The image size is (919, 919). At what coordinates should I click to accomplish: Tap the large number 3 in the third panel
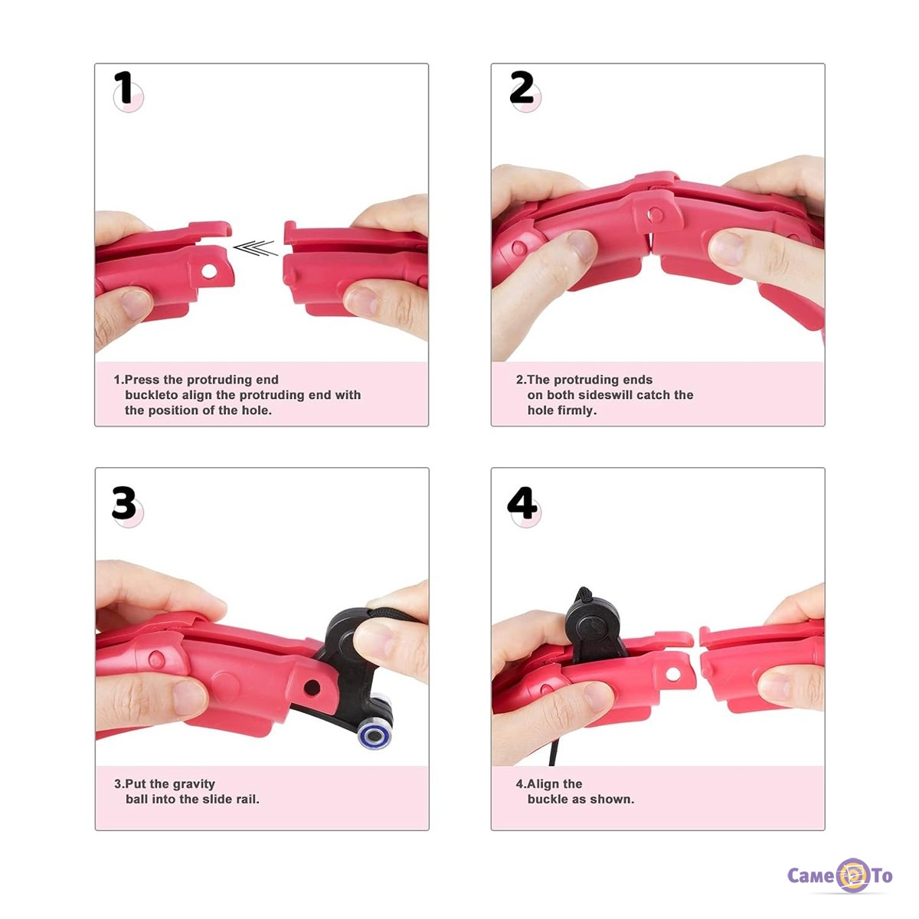pos(124,502)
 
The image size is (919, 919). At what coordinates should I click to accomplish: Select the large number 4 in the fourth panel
pos(522,502)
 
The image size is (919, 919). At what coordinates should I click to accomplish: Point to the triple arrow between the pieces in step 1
pos(256,248)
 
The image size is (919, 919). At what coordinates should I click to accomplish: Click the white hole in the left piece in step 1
pos(209,271)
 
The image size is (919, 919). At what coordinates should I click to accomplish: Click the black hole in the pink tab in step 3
pos(312,688)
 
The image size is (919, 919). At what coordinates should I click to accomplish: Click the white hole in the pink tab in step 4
pos(673,674)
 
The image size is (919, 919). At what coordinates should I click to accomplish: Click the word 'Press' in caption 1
pos(142,380)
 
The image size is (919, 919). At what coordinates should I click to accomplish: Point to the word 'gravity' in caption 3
pos(194,784)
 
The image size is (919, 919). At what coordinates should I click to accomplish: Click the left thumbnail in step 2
pos(581,246)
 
